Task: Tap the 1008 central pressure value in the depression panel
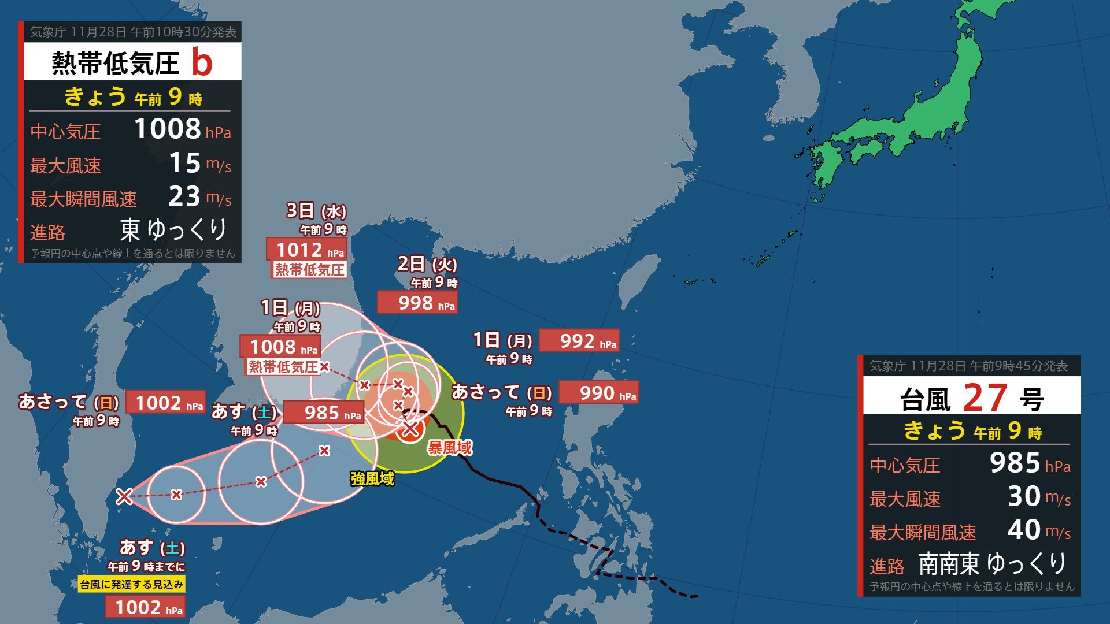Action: pyautogui.click(x=168, y=129)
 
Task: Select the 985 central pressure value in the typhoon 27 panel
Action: pyautogui.click(x=1015, y=463)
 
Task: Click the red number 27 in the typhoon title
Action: pyautogui.click(x=985, y=398)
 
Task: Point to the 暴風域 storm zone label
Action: pyautogui.click(x=450, y=447)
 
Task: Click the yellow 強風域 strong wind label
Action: pyautogui.click(x=372, y=478)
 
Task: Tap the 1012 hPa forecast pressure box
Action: pyautogui.click(x=306, y=250)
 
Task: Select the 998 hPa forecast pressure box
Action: pyautogui.click(x=417, y=302)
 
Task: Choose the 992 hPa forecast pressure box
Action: pyautogui.click(x=579, y=341)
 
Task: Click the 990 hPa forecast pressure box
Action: pyautogui.click(x=598, y=393)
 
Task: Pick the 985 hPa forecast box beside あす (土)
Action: pyautogui.click(x=323, y=413)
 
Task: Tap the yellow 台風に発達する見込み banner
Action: pyautogui.click(x=132, y=584)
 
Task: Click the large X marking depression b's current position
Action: pyautogui.click(x=124, y=496)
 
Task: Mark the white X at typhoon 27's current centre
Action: pyautogui.click(x=410, y=429)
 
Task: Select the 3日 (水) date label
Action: pyautogui.click(x=316, y=211)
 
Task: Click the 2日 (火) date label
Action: pyautogui.click(x=427, y=264)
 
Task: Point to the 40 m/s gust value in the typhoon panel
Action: pyautogui.click(x=1024, y=529)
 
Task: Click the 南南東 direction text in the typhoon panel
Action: pyautogui.click(x=949, y=564)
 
